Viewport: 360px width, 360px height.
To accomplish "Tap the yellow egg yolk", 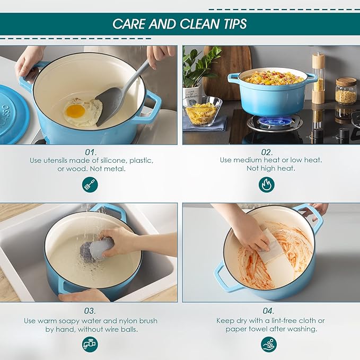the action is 75,111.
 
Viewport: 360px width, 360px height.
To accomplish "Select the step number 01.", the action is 91,152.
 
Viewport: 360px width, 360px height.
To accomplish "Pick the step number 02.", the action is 267,152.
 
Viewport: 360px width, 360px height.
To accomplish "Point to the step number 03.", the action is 90,311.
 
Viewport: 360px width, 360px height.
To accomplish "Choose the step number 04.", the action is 268,311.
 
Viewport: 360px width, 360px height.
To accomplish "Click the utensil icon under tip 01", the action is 90,185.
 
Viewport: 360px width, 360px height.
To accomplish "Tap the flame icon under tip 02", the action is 267,185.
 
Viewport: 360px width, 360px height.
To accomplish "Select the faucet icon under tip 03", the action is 90,345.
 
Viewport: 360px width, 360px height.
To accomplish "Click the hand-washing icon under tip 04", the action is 269,344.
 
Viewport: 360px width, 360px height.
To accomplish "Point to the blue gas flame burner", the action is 271,121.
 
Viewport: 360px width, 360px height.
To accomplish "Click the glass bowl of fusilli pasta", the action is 201,111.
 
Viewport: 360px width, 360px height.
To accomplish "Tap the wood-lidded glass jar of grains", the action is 346,91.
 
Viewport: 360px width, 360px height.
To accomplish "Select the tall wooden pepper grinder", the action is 318,78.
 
